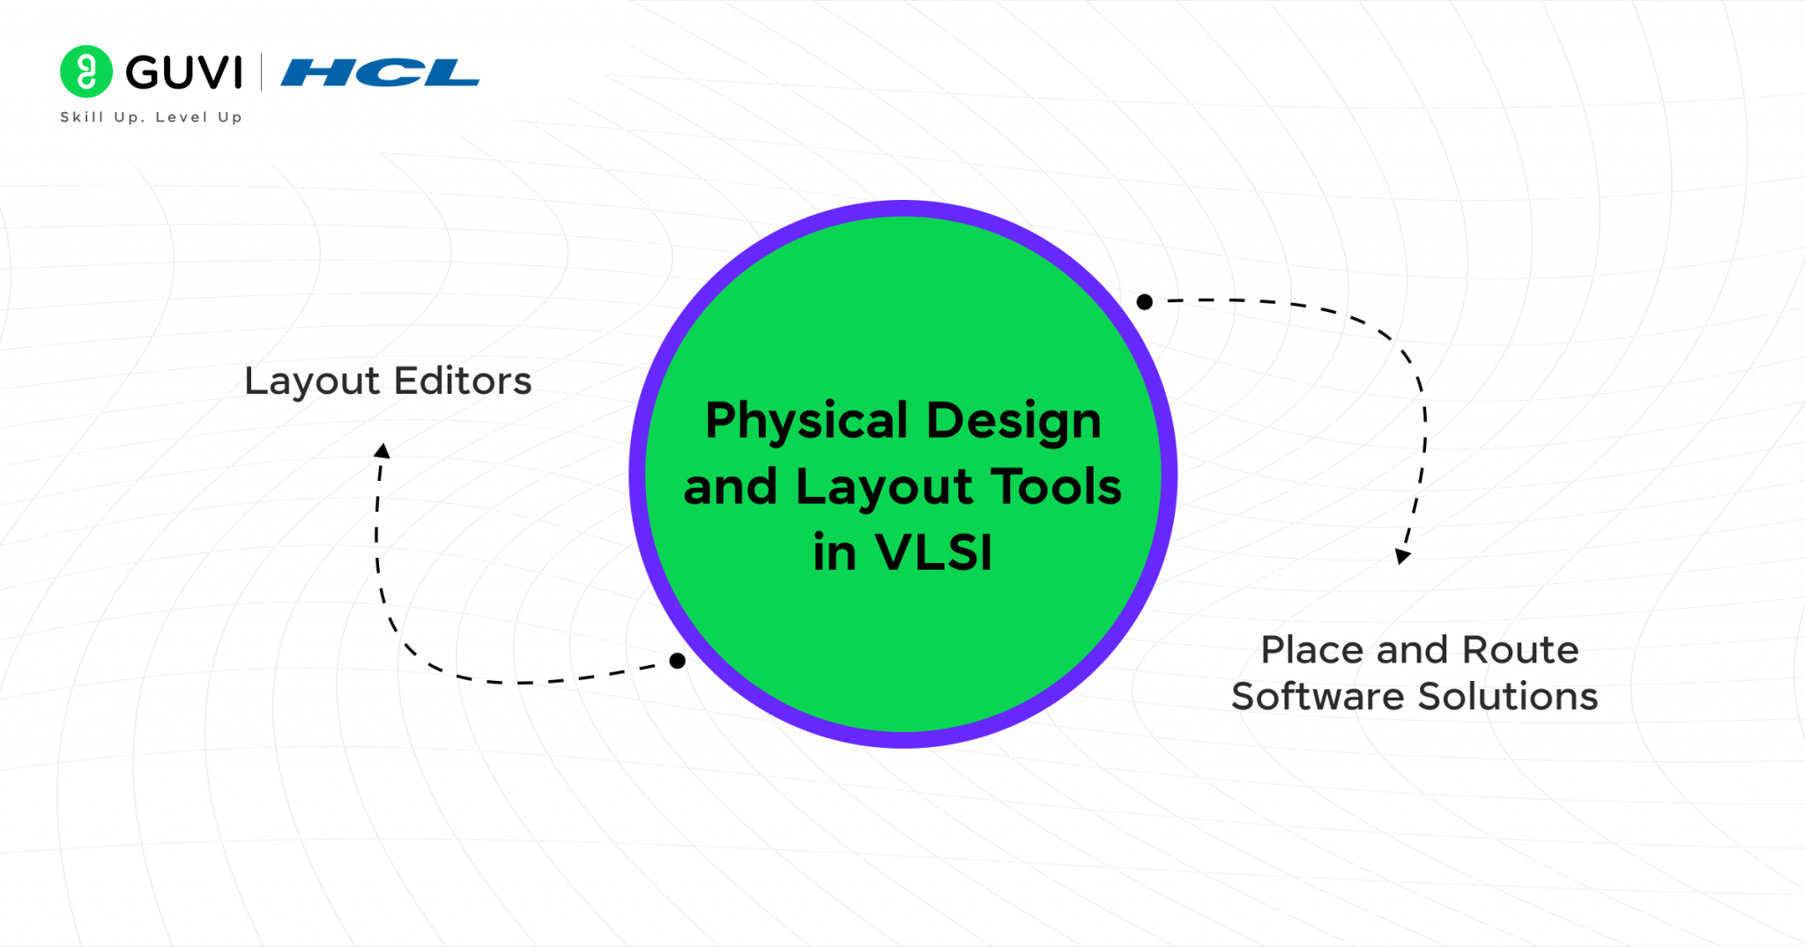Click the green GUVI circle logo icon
(x=85, y=71)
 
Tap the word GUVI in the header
(x=183, y=72)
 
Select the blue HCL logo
(x=380, y=73)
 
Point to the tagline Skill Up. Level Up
(x=151, y=117)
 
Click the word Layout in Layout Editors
(x=312, y=381)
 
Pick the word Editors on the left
(x=463, y=381)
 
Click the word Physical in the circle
(x=806, y=421)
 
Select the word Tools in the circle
(x=1056, y=486)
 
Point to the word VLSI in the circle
(x=933, y=552)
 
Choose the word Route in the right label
(x=1520, y=650)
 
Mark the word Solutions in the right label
(x=1508, y=697)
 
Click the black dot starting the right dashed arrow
(x=1144, y=302)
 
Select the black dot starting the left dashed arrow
(x=677, y=661)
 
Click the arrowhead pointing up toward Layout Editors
(x=382, y=451)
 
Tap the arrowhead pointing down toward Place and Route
(x=1402, y=556)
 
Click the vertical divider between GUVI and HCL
(x=262, y=72)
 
